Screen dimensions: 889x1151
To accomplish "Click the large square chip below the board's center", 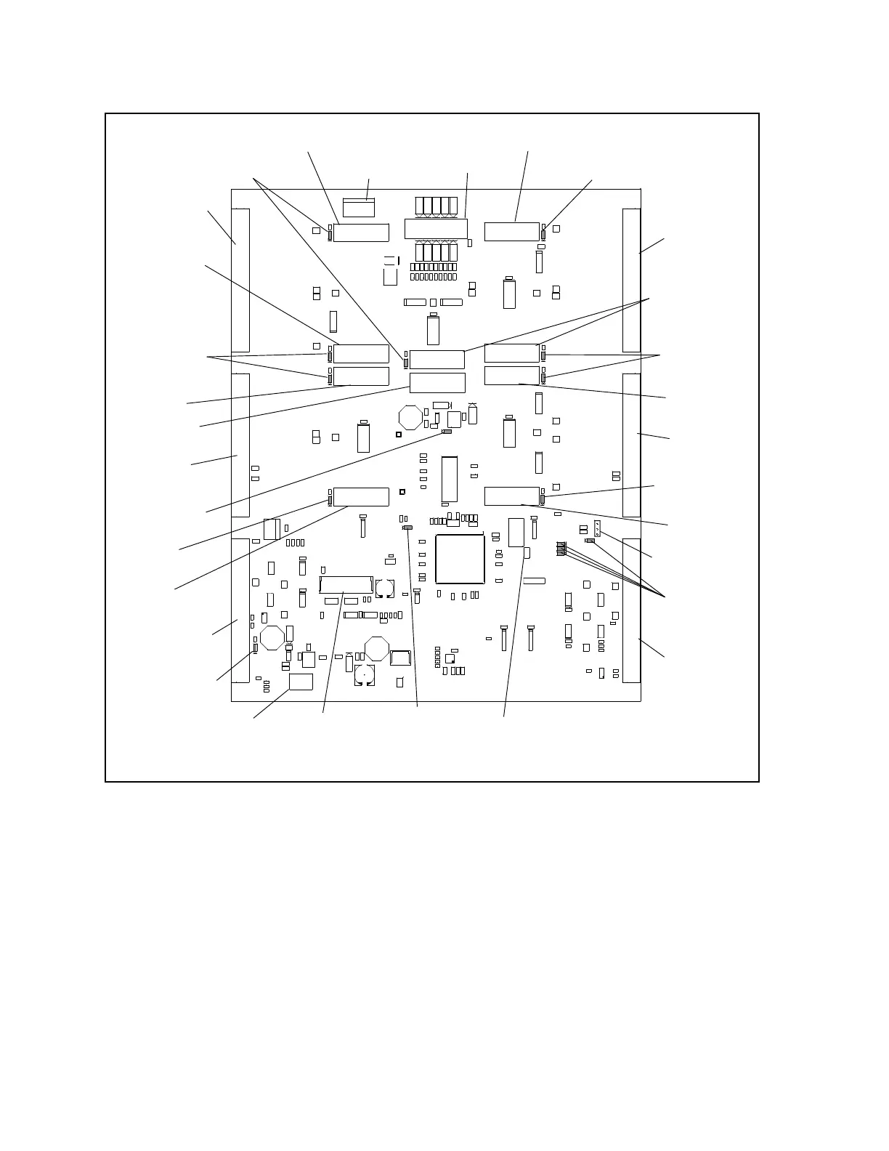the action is [x=460, y=559].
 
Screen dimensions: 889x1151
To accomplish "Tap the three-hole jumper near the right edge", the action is [x=597, y=528].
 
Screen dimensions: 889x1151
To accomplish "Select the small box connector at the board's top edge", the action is [x=358, y=207].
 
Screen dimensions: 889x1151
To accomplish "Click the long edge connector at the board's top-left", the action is [x=240, y=280].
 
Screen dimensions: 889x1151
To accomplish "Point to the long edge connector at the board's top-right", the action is [x=631, y=280].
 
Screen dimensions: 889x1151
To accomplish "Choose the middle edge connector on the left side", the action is [x=240, y=445].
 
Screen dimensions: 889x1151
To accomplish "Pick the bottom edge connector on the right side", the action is [x=631, y=610].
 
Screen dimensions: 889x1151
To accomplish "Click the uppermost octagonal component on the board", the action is [x=410, y=418].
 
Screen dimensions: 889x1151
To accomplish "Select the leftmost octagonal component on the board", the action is [x=272, y=637].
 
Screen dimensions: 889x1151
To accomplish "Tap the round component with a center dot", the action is [x=365, y=675].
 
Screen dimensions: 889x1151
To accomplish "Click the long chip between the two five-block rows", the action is [x=436, y=227].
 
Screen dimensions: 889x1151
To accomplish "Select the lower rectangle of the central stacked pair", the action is [x=437, y=382].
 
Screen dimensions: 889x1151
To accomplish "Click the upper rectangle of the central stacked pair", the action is [x=437, y=359].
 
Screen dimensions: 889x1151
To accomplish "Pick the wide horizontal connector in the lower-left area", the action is [x=346, y=584].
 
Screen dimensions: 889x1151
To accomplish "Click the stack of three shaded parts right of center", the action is [x=561, y=549].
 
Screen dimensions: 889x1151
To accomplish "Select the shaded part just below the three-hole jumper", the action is [x=590, y=541].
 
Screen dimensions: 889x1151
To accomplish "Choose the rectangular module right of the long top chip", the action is [x=512, y=232].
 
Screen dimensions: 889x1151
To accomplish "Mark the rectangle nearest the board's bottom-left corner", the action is [x=301, y=681].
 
